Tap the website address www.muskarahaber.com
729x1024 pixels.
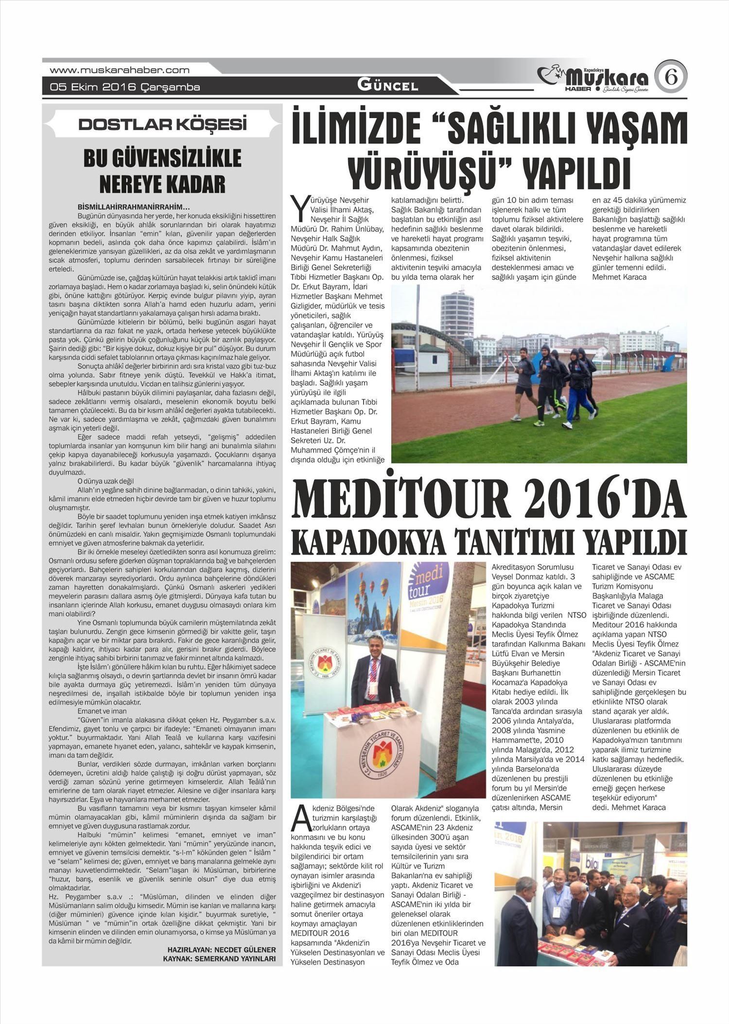[120, 70]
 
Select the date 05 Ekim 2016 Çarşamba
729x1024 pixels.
[125, 87]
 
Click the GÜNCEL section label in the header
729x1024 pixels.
[387, 86]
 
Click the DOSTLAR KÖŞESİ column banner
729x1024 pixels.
[162, 125]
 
